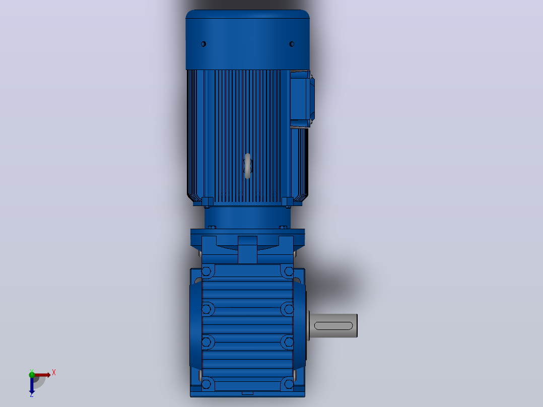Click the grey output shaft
pyautogui.click(x=333, y=325)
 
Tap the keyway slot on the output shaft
pyautogui.click(x=333, y=325)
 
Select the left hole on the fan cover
pyautogui.click(x=203, y=44)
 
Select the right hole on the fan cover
pyautogui.click(x=292, y=44)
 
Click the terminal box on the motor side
pyautogui.click(x=302, y=99)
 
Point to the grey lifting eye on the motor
pyautogui.click(x=248, y=166)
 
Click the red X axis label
pyautogui.click(x=54, y=373)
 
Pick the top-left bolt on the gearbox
pyautogui.click(x=207, y=271)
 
